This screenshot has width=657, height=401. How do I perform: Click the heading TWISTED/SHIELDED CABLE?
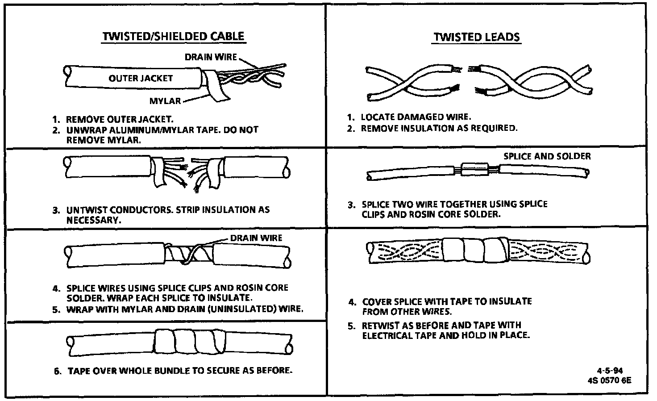173,36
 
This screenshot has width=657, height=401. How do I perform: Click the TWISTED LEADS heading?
477,37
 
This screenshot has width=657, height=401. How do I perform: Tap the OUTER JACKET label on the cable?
140,78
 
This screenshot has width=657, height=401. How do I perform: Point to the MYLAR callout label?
165,101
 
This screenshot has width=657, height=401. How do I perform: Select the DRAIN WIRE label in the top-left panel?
211,57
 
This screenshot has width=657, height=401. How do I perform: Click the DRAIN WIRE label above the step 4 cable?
256,238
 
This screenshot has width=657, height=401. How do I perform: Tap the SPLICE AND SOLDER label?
547,156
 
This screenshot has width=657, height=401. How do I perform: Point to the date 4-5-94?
610,371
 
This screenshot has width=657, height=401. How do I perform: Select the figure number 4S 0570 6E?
610,381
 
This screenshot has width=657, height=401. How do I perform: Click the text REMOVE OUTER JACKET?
119,119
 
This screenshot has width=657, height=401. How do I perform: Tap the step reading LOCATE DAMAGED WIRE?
415,117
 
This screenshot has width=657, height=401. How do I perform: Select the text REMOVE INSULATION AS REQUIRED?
439,128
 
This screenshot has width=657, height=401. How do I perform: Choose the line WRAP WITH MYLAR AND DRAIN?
185,309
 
